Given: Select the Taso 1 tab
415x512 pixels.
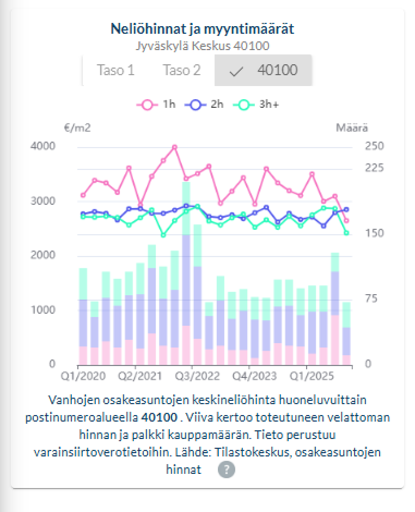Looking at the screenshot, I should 115,70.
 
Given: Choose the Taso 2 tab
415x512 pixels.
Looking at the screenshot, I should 182,70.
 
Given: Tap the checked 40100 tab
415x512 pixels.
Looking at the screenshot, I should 264,70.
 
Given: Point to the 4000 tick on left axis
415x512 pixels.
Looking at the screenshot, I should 44,146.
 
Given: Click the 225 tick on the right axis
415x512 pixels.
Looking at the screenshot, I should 374,168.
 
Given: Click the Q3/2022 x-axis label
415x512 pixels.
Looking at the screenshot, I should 192,376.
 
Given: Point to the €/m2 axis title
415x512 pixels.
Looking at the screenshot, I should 77,128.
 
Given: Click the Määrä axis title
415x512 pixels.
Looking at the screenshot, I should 351,128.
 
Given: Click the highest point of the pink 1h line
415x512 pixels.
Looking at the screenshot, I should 174,147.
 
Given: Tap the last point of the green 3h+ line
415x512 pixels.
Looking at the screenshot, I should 346,233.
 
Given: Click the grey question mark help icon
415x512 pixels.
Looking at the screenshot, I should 226,470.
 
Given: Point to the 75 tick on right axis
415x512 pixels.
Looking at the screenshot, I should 371,299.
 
